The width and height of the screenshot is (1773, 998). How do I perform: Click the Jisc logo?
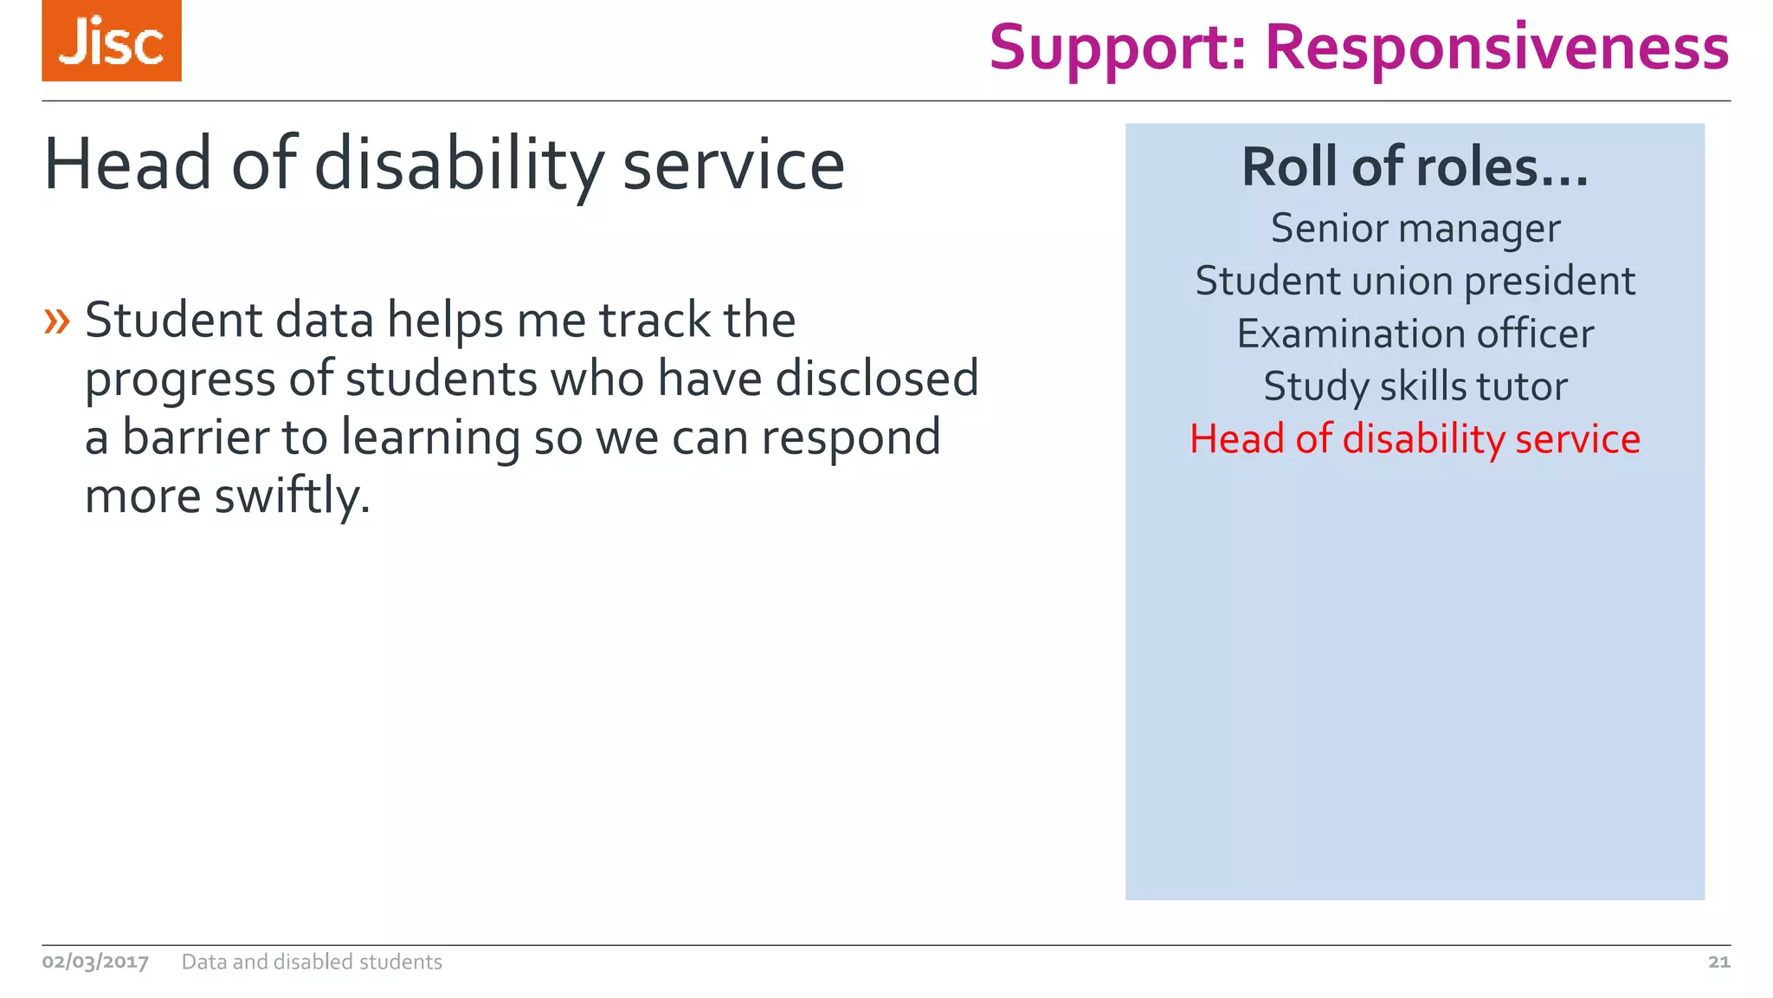112,41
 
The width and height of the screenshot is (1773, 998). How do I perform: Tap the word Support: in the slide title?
1118,49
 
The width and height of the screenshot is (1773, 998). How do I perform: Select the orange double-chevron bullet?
57,321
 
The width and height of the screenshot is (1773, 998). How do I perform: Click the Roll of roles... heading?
1415,166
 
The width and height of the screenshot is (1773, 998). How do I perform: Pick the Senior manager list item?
1415,229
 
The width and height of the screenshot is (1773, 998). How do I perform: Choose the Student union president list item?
1415,282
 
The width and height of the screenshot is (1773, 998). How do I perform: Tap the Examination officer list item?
1415,334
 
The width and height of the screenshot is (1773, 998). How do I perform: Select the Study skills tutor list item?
1415,386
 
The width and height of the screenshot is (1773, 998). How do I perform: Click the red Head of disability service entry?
1415,439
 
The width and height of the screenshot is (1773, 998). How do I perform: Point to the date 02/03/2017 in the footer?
95,962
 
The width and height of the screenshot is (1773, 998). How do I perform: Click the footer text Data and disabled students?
312,962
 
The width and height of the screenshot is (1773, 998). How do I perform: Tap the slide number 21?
1718,962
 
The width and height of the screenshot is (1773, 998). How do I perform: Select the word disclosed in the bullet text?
876,379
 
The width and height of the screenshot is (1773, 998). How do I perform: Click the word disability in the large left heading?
458,165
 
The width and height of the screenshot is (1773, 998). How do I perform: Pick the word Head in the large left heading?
127,165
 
